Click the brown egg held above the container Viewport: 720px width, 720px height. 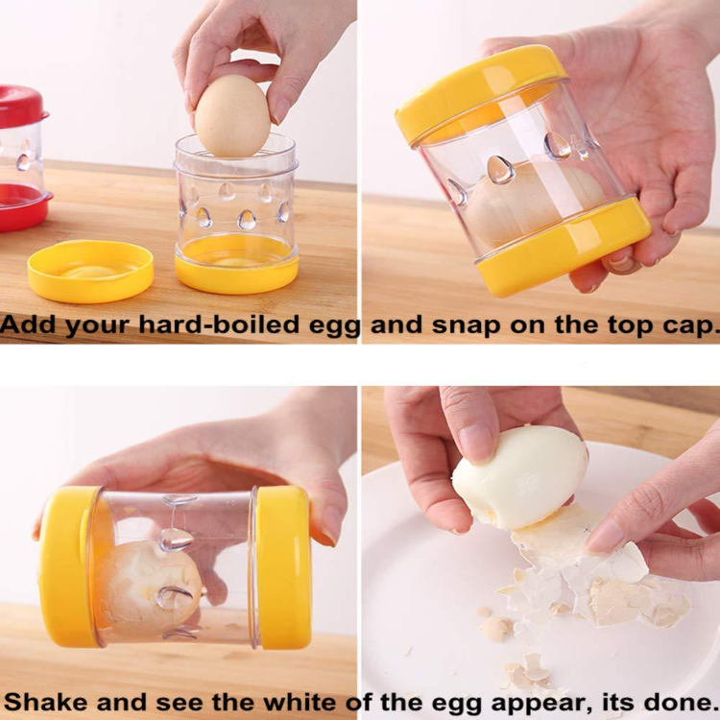pyautogui.click(x=232, y=115)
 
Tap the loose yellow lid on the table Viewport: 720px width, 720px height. pyautogui.click(x=90, y=270)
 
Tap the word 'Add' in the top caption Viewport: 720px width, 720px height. pyautogui.click(x=28, y=325)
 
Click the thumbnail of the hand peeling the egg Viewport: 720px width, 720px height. pyautogui.click(x=540, y=538)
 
